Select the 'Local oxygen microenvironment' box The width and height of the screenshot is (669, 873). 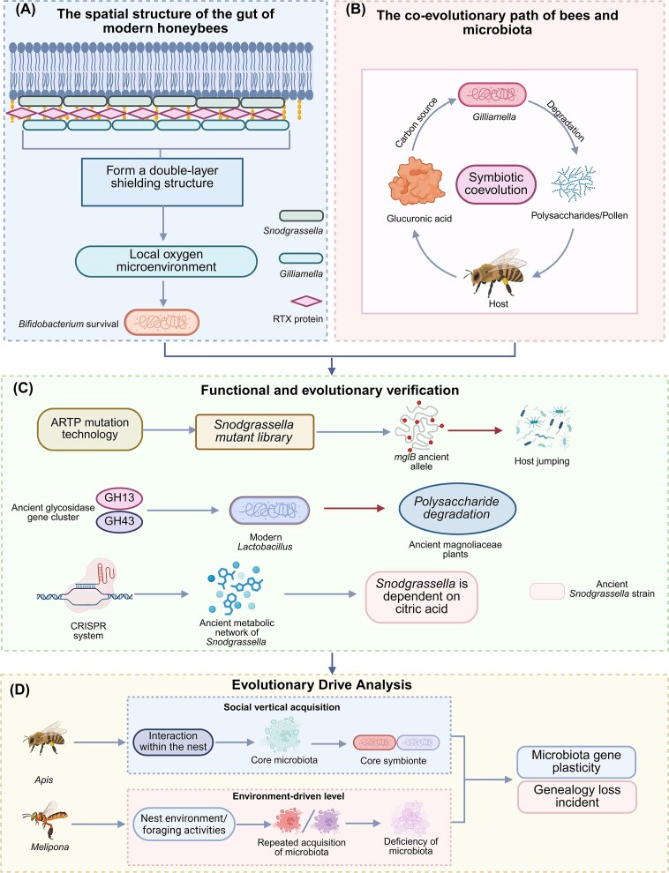165,260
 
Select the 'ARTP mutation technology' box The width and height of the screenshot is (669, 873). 90,429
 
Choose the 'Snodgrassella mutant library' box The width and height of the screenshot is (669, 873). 254,429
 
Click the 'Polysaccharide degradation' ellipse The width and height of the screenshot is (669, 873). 457,507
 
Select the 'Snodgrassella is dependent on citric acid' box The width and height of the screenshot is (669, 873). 422,597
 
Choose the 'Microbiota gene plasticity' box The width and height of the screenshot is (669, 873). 576,762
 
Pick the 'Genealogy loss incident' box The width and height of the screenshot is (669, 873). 576,796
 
